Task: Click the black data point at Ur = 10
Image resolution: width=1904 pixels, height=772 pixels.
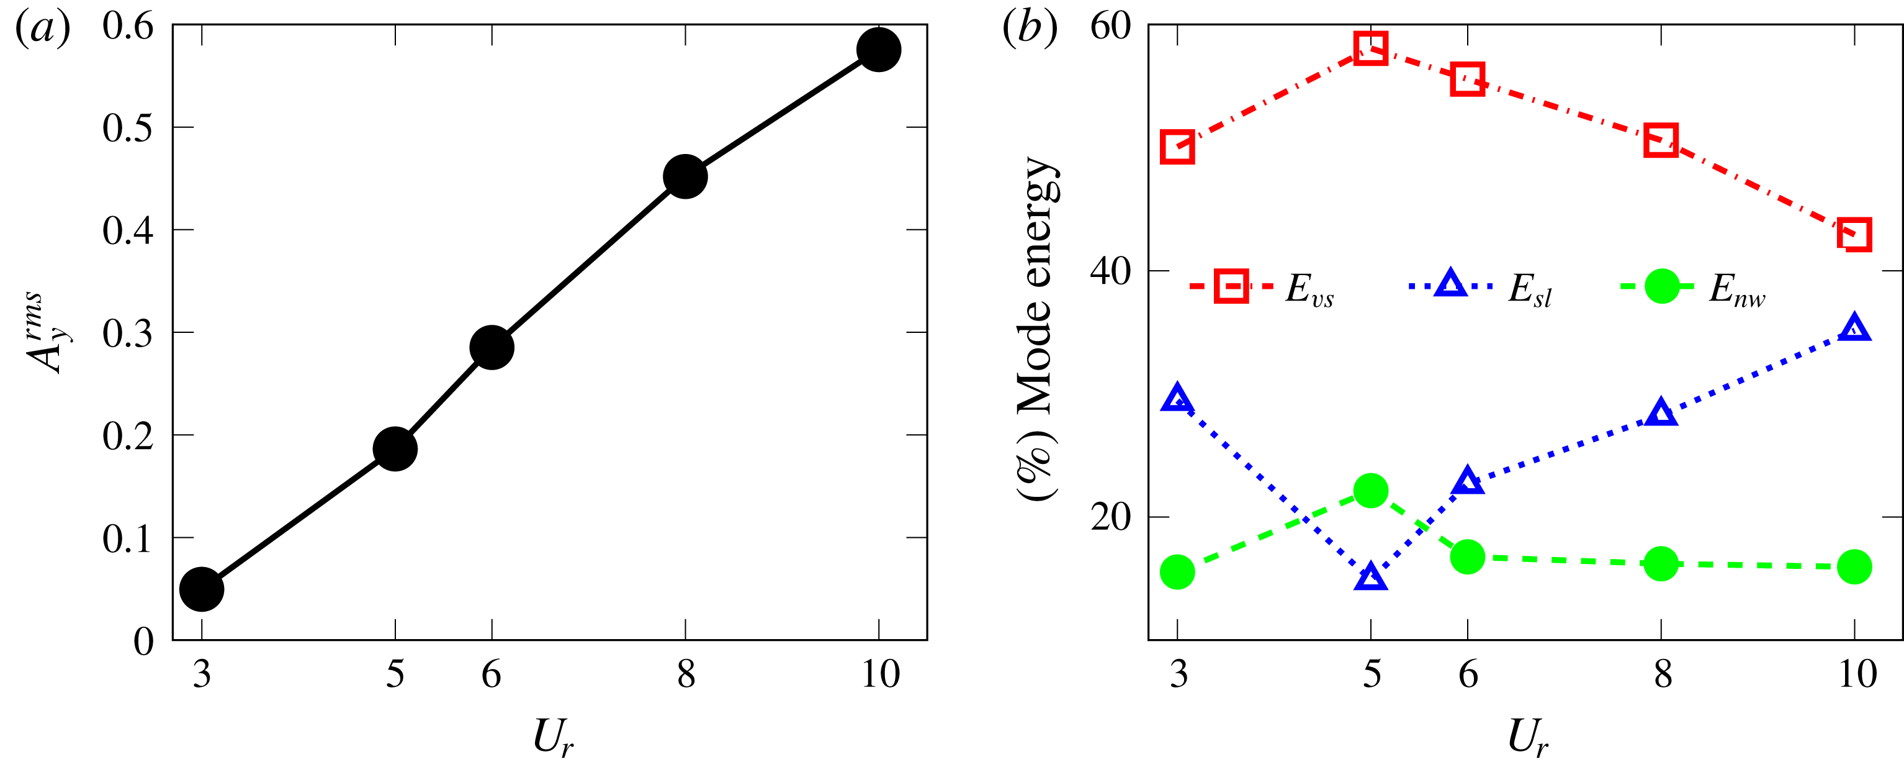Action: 878,50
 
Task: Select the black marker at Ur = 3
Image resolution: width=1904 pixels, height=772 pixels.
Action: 202,589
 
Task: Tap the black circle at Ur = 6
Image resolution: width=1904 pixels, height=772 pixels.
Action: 492,347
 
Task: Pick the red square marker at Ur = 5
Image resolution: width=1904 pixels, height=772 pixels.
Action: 1370,49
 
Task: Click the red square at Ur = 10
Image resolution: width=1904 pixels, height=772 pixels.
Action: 1854,235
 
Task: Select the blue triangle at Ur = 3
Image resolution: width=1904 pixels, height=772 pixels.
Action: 1177,399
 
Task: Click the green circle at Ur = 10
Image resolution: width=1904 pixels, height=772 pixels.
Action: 1854,567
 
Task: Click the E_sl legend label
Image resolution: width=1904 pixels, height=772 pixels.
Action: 1529,289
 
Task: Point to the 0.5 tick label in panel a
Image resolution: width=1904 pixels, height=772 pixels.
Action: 128,128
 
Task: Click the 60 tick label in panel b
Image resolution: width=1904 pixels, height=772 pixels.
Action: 1110,27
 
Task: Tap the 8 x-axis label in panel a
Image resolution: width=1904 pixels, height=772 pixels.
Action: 686,674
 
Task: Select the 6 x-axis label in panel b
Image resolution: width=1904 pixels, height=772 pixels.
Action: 1467,674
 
